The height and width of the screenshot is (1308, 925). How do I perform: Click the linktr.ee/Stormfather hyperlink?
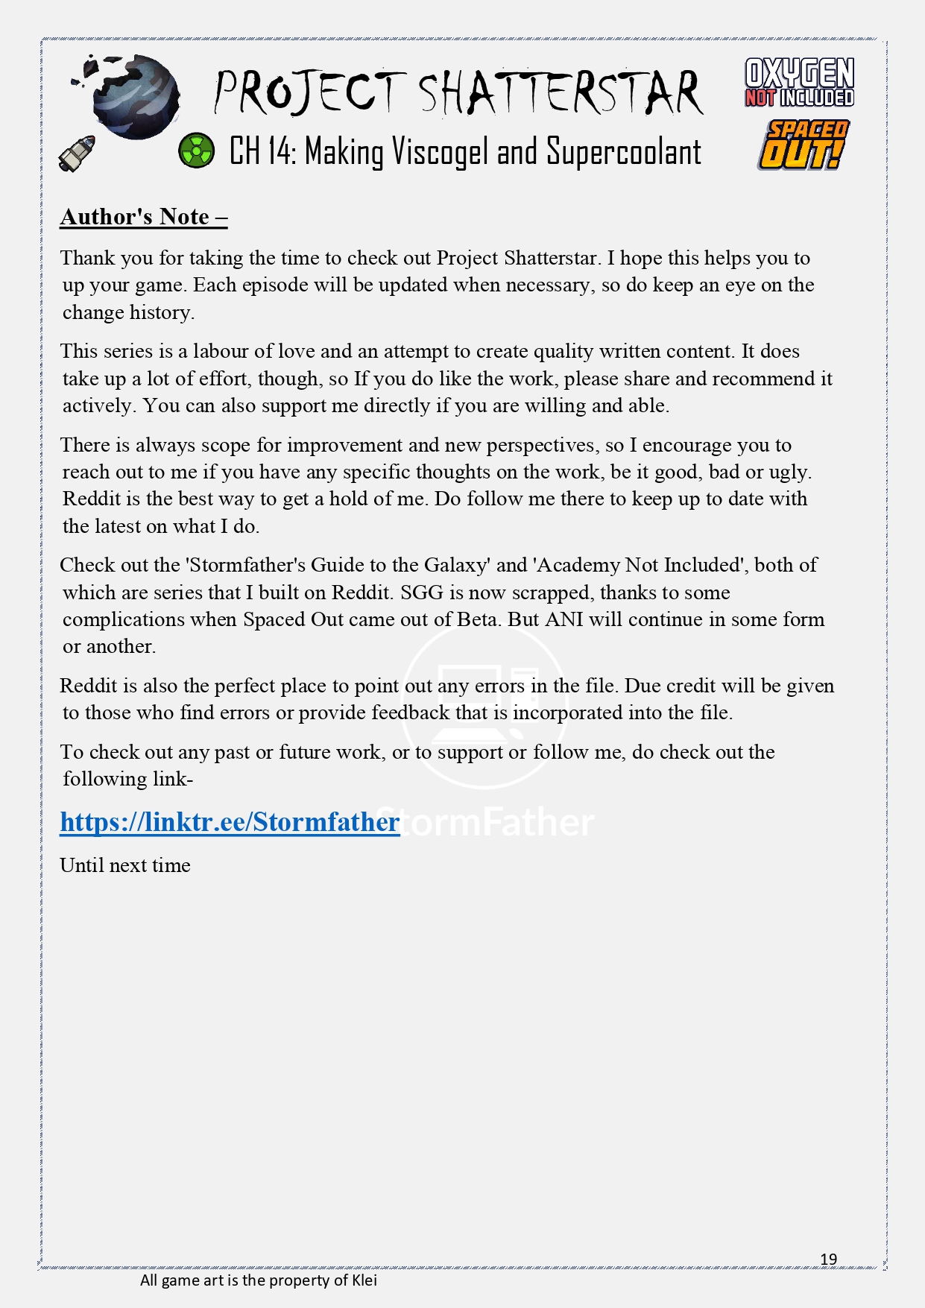[x=230, y=821]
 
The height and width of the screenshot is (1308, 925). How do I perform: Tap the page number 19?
[x=828, y=1259]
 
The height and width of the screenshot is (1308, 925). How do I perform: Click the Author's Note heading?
[x=143, y=216]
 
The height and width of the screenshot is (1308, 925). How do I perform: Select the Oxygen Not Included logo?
[x=799, y=83]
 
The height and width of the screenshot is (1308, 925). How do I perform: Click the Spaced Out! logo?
[x=803, y=145]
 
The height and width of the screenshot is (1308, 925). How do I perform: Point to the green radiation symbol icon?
[x=196, y=151]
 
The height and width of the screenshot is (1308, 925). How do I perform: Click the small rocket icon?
[x=78, y=153]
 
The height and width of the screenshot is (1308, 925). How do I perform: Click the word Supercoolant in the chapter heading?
[x=623, y=152]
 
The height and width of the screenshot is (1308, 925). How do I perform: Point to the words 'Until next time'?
[x=125, y=865]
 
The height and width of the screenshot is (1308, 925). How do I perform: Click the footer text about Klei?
[x=259, y=1280]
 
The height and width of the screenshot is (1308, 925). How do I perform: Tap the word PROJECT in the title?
[x=309, y=94]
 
